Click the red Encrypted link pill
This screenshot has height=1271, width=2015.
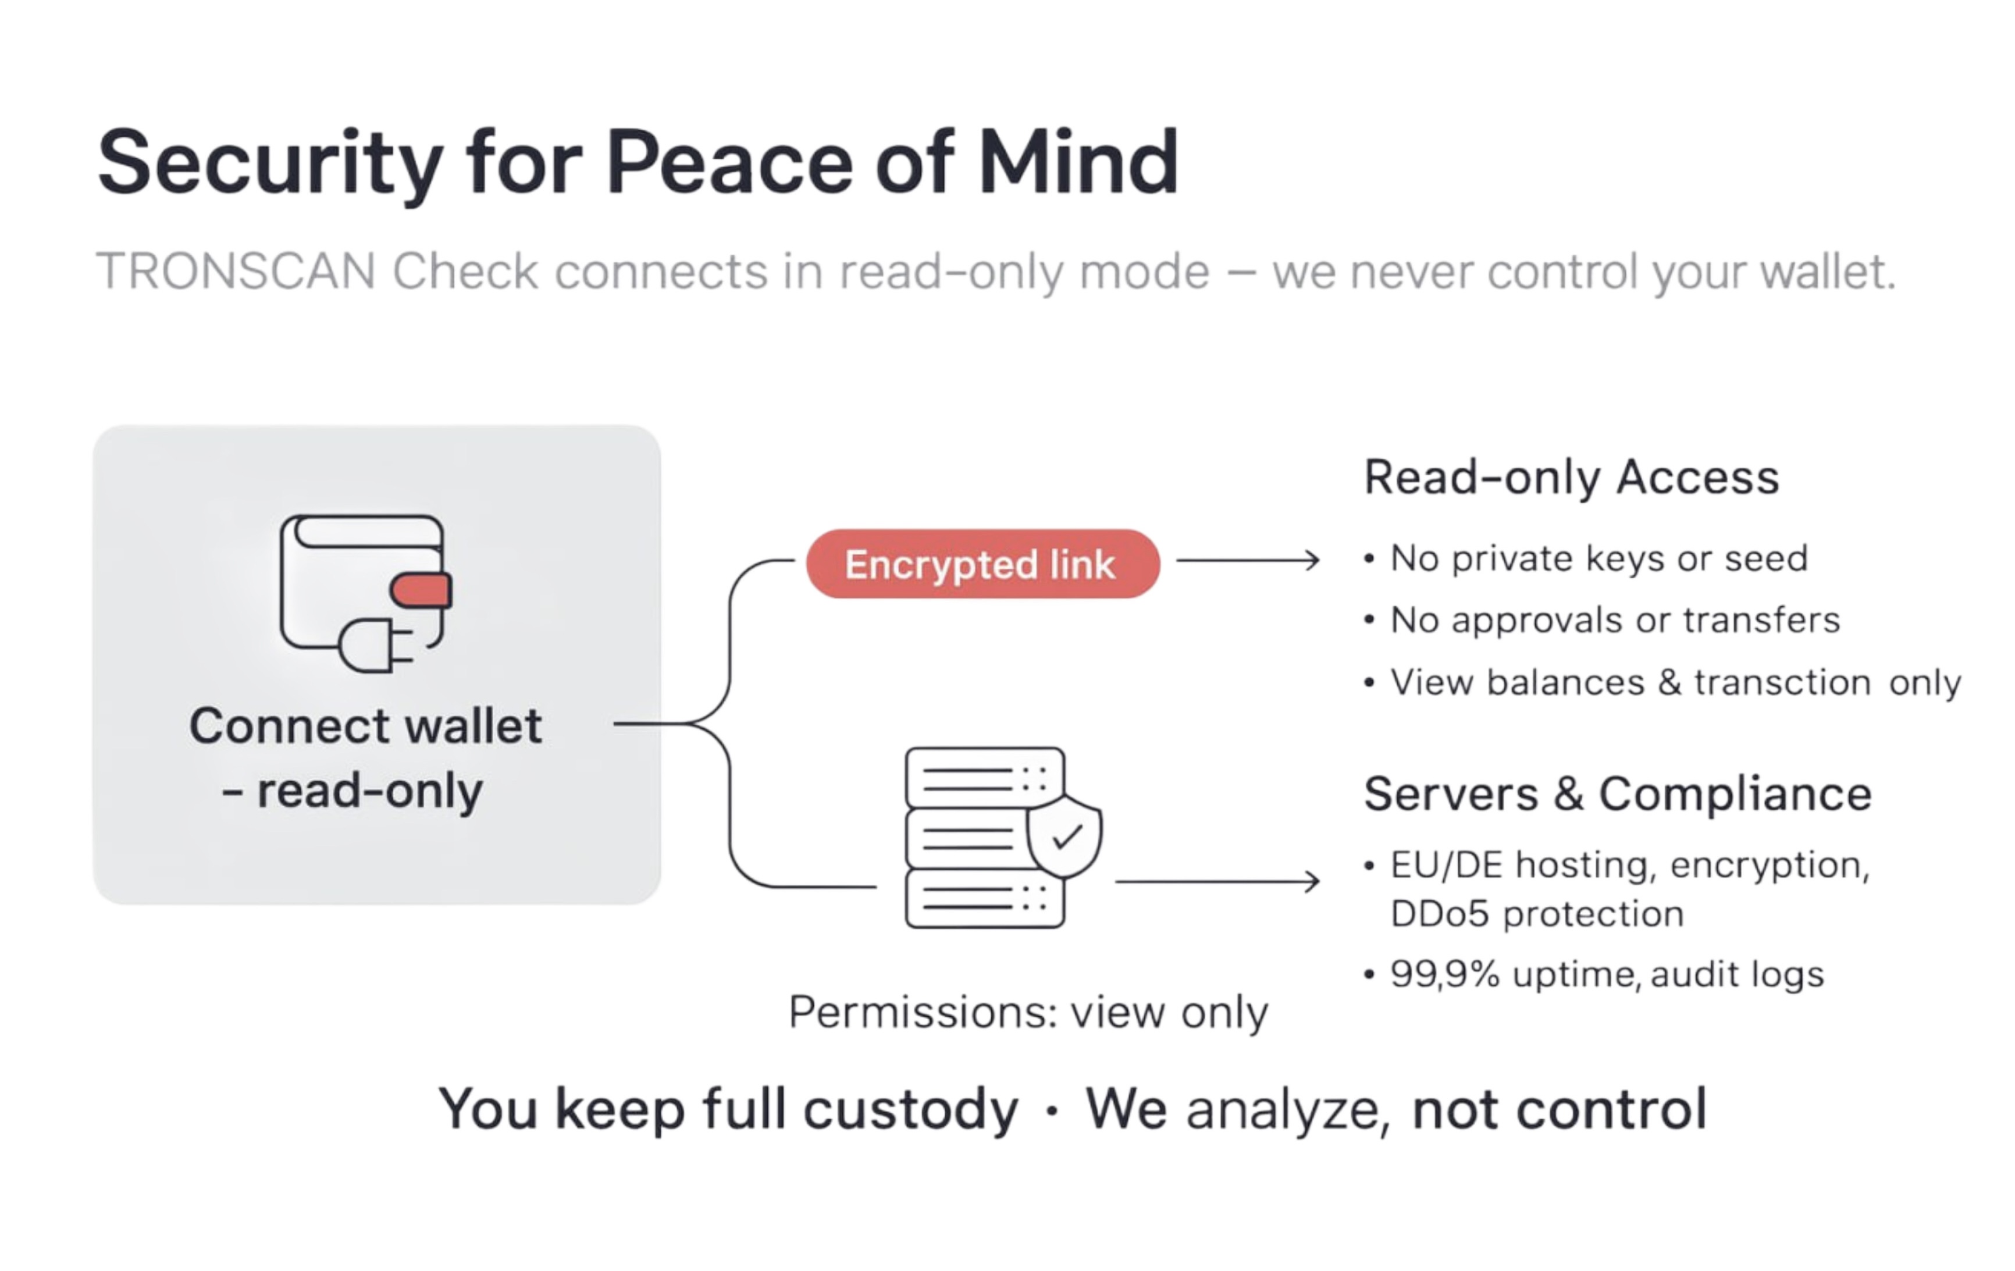pos(982,564)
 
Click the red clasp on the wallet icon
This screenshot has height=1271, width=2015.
pos(421,591)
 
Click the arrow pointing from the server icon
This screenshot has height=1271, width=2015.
pos(1217,881)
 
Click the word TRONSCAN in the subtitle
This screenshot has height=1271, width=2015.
pos(236,272)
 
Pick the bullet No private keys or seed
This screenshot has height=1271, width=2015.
pos(1599,558)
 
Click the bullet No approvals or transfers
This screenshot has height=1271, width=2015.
pos(1614,620)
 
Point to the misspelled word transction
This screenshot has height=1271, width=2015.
pos(1782,683)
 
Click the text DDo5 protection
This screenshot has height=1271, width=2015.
pos(1536,914)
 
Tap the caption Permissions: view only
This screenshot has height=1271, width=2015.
pos(1028,1013)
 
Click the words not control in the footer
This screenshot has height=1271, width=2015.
pos(1559,1109)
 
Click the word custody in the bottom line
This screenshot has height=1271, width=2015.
pos(910,1109)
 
